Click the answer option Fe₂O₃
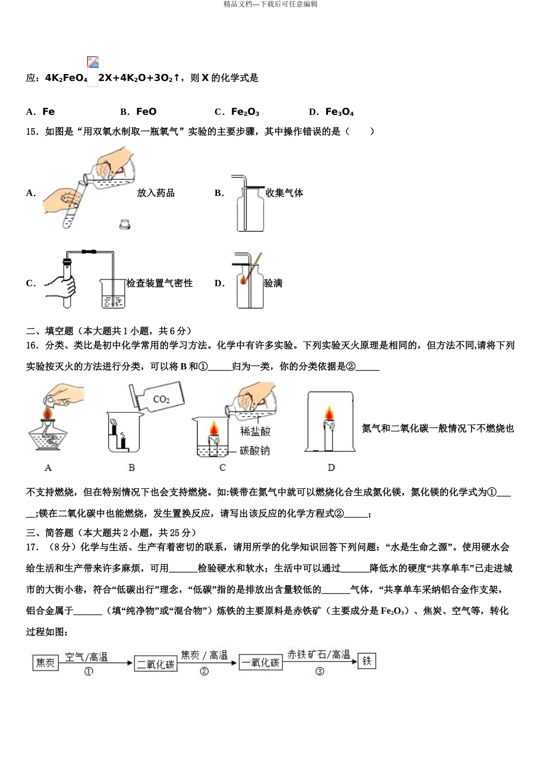coord(245,112)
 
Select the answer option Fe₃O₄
coord(339,112)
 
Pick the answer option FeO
coord(146,112)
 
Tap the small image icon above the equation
coord(93,63)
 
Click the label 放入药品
coord(155,193)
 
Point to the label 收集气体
coord(284,193)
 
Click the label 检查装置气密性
coord(159,283)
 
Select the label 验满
coord(273,283)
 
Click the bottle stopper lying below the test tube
coord(125,224)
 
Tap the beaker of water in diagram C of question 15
coord(113,294)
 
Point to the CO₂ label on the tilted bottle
coord(162,399)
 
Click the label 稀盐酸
coord(255,431)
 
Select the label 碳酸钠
coord(255,451)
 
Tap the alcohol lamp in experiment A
coord(48,435)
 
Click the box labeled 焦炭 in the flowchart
coord(45,663)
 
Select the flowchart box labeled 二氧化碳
coord(155,664)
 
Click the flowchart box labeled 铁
coord(367,661)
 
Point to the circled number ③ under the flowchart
coord(319,672)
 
